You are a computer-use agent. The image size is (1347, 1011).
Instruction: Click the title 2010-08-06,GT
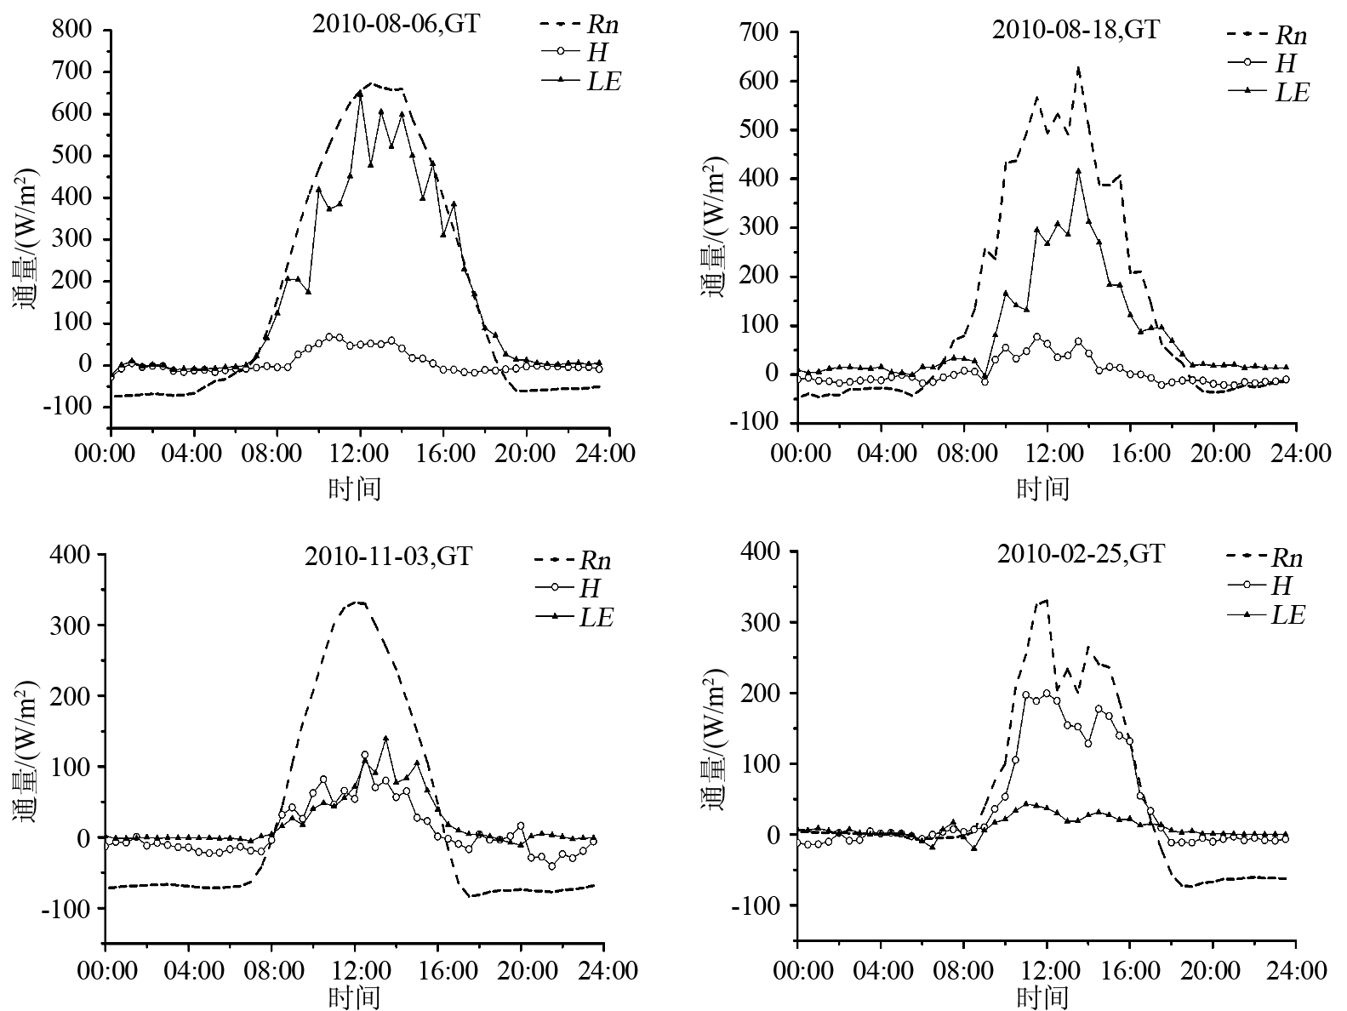coord(396,23)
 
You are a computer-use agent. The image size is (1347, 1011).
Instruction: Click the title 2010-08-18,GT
coord(1076,30)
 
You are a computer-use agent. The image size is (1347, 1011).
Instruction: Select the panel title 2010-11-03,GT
coord(388,557)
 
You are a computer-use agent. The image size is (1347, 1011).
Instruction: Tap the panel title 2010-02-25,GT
coord(1081,554)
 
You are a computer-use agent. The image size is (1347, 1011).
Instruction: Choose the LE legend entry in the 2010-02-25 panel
coord(1287,614)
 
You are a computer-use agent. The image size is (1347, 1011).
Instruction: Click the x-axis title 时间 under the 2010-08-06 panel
coord(355,488)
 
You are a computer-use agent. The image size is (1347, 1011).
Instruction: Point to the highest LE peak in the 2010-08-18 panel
coord(1078,171)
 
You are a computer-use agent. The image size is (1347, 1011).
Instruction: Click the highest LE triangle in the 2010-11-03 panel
coord(385,739)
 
